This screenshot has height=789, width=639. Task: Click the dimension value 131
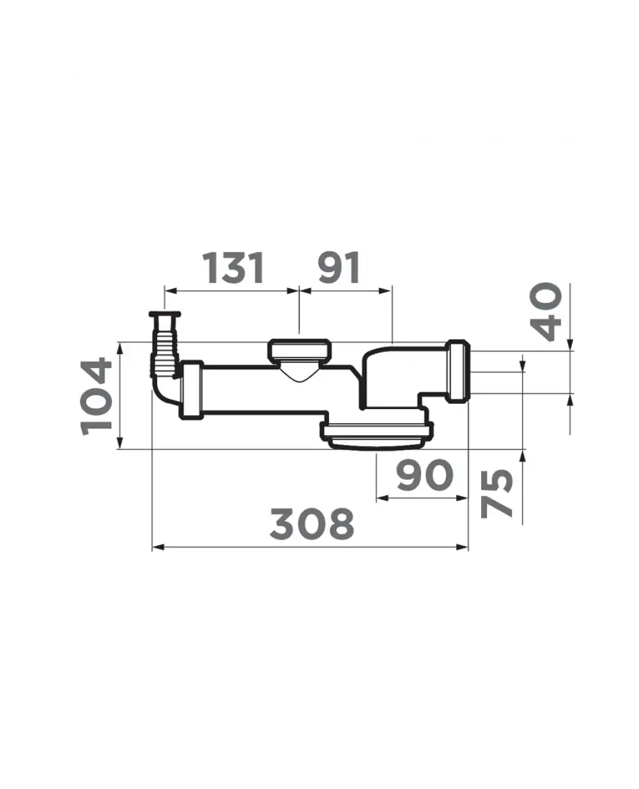tap(234, 268)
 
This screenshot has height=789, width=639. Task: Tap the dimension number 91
tap(339, 268)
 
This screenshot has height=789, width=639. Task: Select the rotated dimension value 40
tap(546, 312)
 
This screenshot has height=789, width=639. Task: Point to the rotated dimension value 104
tap(96, 396)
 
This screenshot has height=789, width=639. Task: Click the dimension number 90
tap(424, 475)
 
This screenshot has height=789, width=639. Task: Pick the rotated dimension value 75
tap(497, 493)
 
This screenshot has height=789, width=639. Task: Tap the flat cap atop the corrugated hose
tap(165, 314)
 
